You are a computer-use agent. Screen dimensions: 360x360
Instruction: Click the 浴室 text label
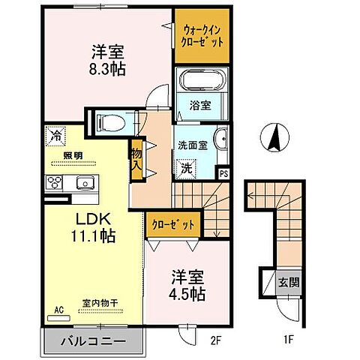coord(199,106)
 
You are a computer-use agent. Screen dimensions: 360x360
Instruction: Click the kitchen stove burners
coord(56,182)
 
